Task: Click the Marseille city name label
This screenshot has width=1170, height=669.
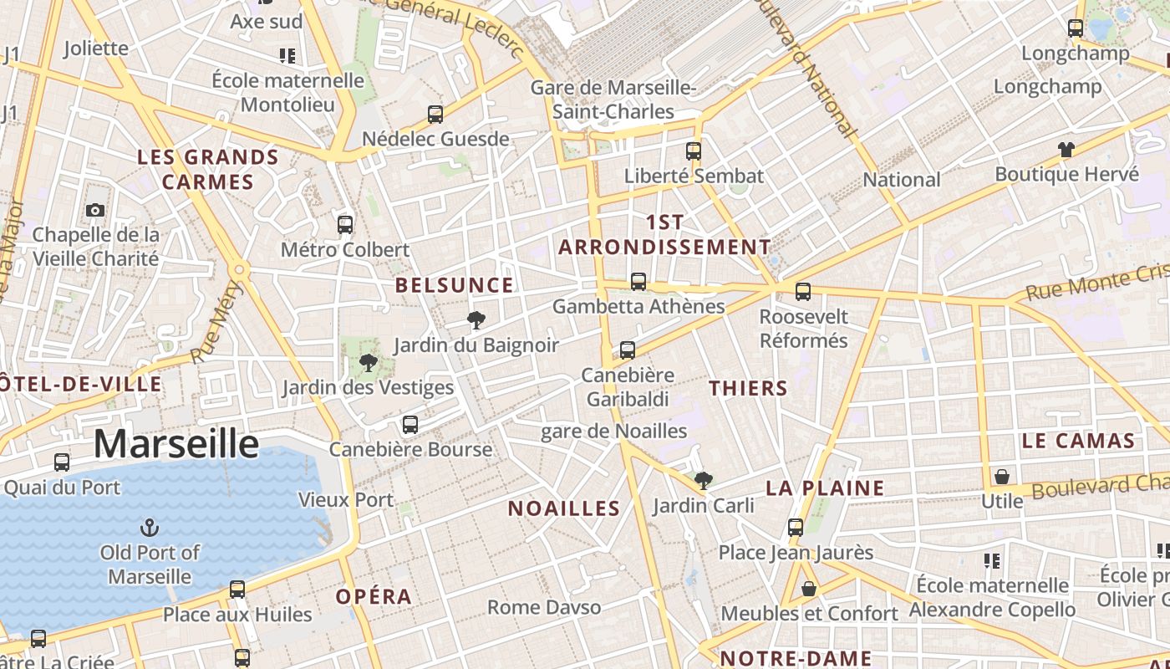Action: pyautogui.click(x=175, y=443)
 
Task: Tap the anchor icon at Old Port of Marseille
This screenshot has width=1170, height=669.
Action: pyautogui.click(x=150, y=528)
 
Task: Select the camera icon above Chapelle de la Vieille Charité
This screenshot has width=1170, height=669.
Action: pyautogui.click(x=95, y=210)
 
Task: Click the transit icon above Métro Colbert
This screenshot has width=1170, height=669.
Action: pyautogui.click(x=345, y=224)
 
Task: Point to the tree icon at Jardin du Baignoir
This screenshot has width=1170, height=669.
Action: pyautogui.click(x=476, y=319)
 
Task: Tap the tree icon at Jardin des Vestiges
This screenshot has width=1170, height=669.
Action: pyautogui.click(x=368, y=362)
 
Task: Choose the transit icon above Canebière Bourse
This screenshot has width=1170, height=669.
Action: pyautogui.click(x=409, y=424)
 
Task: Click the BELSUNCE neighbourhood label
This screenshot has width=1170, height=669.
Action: pyautogui.click(x=454, y=285)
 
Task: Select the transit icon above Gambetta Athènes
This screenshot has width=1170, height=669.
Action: pyautogui.click(x=638, y=281)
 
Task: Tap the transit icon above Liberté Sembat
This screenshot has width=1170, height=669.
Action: pyautogui.click(x=694, y=151)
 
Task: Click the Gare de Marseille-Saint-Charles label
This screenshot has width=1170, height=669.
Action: pyautogui.click(x=614, y=100)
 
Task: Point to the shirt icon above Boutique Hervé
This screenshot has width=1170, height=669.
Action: pyautogui.click(x=1066, y=150)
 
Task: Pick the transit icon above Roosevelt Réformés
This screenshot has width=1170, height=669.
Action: pyautogui.click(x=803, y=291)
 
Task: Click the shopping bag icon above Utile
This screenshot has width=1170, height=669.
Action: pyautogui.click(x=1001, y=477)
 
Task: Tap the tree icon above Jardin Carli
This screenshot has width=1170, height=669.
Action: pyautogui.click(x=704, y=480)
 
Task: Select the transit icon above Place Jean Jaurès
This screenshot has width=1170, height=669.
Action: pyautogui.click(x=796, y=528)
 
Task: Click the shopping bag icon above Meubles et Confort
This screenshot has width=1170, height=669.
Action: pyautogui.click(x=809, y=589)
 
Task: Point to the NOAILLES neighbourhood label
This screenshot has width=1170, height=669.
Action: pyautogui.click(x=564, y=508)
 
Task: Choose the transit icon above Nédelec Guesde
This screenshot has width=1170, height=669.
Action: pyautogui.click(x=435, y=115)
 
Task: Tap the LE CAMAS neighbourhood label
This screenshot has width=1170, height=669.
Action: pyautogui.click(x=1078, y=441)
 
